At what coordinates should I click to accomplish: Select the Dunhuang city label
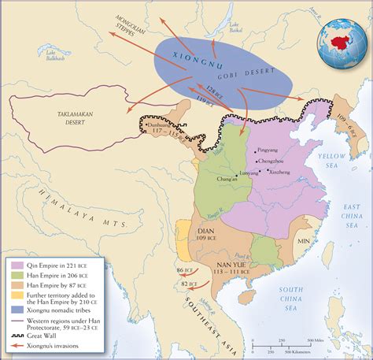[x=161, y=128]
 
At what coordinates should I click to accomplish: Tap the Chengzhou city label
[x=272, y=159]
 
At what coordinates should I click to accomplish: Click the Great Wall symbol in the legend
[x=17, y=337]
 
